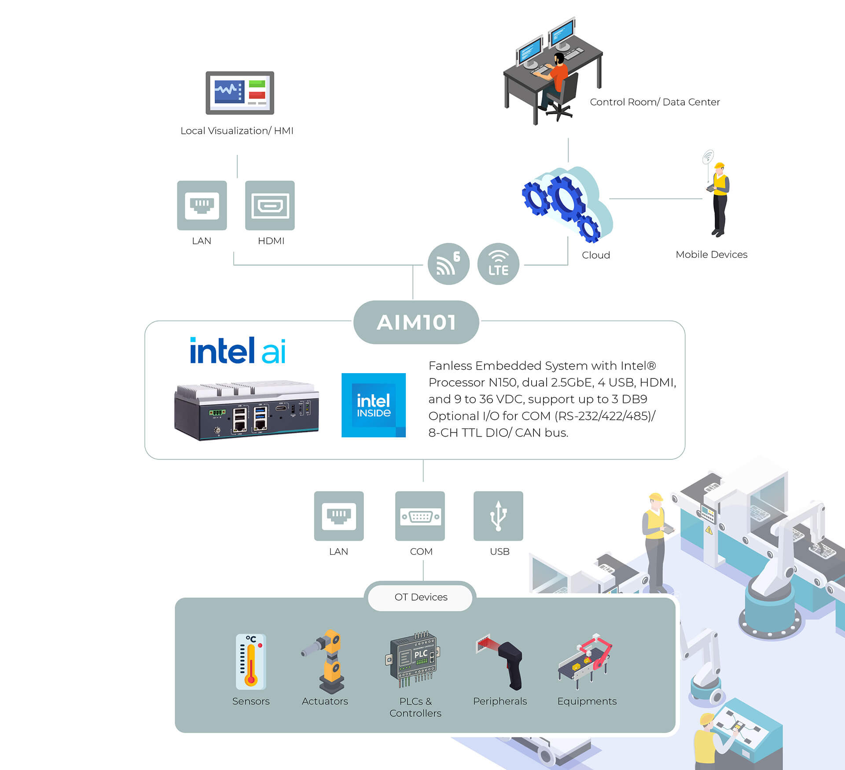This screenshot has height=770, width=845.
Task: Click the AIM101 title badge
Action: point(416,322)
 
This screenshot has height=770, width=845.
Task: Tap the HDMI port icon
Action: point(270,205)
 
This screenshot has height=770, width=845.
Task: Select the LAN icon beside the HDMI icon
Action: point(202,205)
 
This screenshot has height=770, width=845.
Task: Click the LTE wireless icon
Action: point(498,264)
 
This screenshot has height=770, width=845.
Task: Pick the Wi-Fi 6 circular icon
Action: point(448,264)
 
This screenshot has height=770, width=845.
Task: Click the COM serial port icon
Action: point(420,516)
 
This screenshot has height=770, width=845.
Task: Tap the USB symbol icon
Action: point(498,516)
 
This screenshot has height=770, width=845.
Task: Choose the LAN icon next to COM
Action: point(339,516)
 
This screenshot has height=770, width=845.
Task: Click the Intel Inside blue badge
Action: point(374,405)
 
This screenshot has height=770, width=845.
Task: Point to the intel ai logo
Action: point(238,351)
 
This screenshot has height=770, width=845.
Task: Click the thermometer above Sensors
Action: point(251,662)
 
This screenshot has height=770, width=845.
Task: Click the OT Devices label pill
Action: point(420,597)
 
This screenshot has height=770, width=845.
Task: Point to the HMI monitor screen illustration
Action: point(240,93)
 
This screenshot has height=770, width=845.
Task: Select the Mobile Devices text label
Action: point(712,254)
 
